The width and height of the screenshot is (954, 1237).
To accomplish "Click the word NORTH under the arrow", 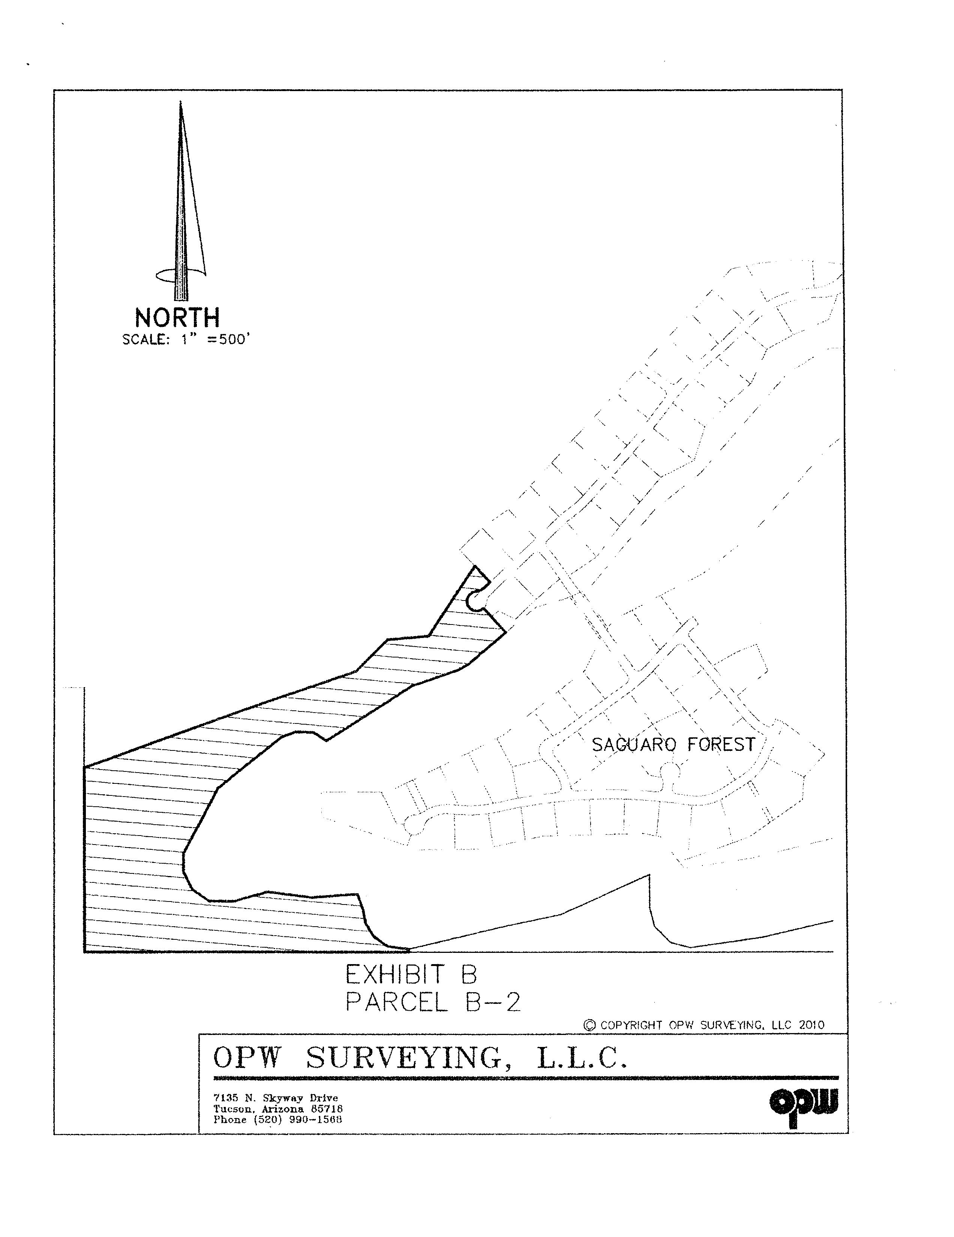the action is tap(177, 318).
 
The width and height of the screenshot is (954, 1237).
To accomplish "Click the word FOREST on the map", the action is tap(721, 744).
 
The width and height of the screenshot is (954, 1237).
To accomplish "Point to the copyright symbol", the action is tap(590, 1024).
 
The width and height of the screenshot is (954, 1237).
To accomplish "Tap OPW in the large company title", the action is tap(246, 1057).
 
